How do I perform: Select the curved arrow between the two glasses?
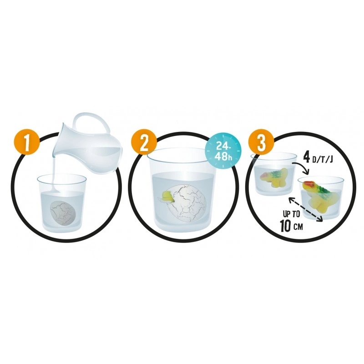(302, 166)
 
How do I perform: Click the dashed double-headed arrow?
(305, 209)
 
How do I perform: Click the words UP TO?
(292, 213)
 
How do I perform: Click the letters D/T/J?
(323, 160)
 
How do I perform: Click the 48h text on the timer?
(223, 157)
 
